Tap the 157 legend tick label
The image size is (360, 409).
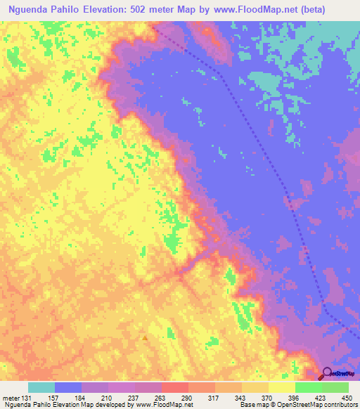[x=54, y=397]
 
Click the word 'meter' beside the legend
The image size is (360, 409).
[x=10, y=397]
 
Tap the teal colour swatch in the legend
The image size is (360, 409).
[x=41, y=387]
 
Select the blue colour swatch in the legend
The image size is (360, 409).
[x=67, y=387]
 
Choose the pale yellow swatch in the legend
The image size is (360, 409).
[x=281, y=387]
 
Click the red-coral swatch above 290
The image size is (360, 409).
[x=174, y=387]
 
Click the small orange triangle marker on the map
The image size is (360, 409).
[x=146, y=338]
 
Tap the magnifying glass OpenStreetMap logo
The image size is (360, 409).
[x=327, y=373]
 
